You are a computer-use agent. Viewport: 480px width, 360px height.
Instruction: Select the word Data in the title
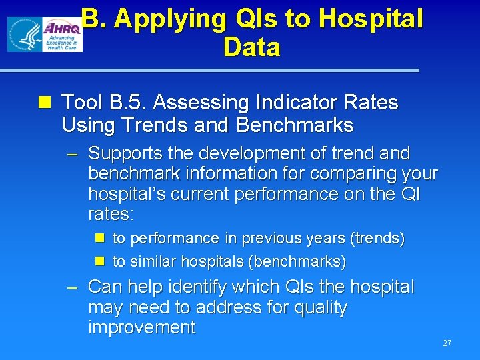tap(252, 47)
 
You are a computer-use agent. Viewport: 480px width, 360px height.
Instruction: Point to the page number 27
tap(447, 343)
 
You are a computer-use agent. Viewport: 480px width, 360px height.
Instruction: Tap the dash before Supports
tap(73, 154)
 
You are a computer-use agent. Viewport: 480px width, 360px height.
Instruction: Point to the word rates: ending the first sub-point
tap(111, 214)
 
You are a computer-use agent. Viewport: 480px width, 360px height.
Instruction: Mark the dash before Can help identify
tap(73, 287)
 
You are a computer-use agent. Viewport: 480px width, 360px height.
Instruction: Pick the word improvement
tap(142, 327)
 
